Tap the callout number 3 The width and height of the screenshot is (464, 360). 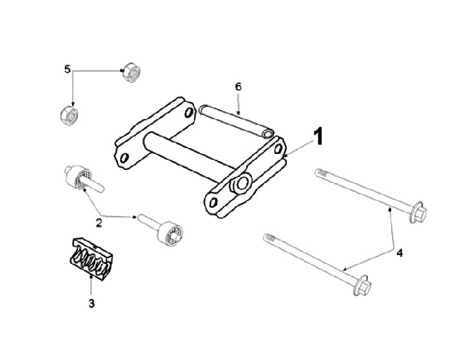91,302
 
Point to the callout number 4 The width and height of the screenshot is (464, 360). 399,253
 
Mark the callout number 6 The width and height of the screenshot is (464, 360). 238,86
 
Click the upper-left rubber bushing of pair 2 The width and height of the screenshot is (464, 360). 79,176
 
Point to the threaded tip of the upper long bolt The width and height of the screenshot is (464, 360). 320,173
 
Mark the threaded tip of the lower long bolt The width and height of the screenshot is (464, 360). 268,238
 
